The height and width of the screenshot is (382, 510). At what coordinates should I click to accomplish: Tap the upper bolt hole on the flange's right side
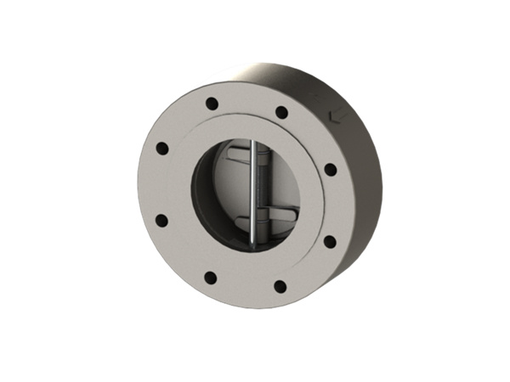[x=331, y=170]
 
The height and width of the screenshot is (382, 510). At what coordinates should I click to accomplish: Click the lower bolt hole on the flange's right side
[x=328, y=241]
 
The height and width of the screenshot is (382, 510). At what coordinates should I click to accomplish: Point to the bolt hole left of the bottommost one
[x=212, y=277]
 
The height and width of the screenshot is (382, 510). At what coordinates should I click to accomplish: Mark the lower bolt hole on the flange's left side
[x=161, y=221]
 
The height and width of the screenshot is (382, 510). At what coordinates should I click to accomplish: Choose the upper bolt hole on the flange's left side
[x=161, y=150]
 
